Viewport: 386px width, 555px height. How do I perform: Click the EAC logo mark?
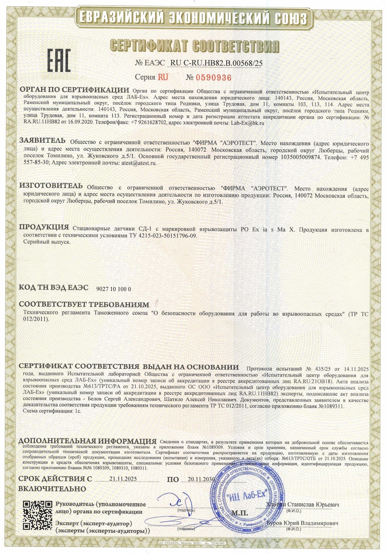tap(59, 60)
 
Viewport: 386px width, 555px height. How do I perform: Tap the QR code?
tap(37, 515)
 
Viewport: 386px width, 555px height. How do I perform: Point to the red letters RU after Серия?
tap(163, 77)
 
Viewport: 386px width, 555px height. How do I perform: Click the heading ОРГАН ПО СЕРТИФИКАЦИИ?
tap(74, 90)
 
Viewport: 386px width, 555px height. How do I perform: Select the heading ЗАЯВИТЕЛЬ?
tap(42, 140)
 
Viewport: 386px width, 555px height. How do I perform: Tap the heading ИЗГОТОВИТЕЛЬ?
tap(51, 186)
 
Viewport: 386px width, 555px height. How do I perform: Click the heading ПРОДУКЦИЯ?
tap(44, 227)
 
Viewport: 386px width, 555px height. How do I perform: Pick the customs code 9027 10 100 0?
tap(113, 289)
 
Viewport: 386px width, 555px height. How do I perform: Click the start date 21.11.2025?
tap(123, 478)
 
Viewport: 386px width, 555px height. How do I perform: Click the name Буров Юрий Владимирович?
tap(302, 523)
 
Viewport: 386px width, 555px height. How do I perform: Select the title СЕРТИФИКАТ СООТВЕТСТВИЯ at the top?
tap(194, 46)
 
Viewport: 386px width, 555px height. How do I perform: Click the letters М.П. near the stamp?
tap(240, 513)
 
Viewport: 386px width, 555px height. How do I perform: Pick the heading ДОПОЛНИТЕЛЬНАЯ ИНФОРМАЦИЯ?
tap(87, 441)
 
